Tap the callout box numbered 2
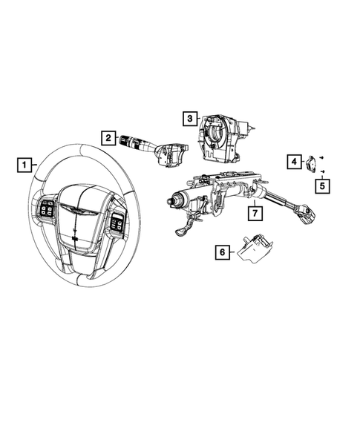point(108,137)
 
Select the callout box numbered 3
point(190,117)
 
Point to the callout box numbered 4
point(294,161)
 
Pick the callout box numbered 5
point(321,185)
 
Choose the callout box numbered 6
point(221,252)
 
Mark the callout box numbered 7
point(254,214)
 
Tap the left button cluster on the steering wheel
point(45,211)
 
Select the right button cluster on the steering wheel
point(117,220)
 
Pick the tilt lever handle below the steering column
point(183,231)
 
